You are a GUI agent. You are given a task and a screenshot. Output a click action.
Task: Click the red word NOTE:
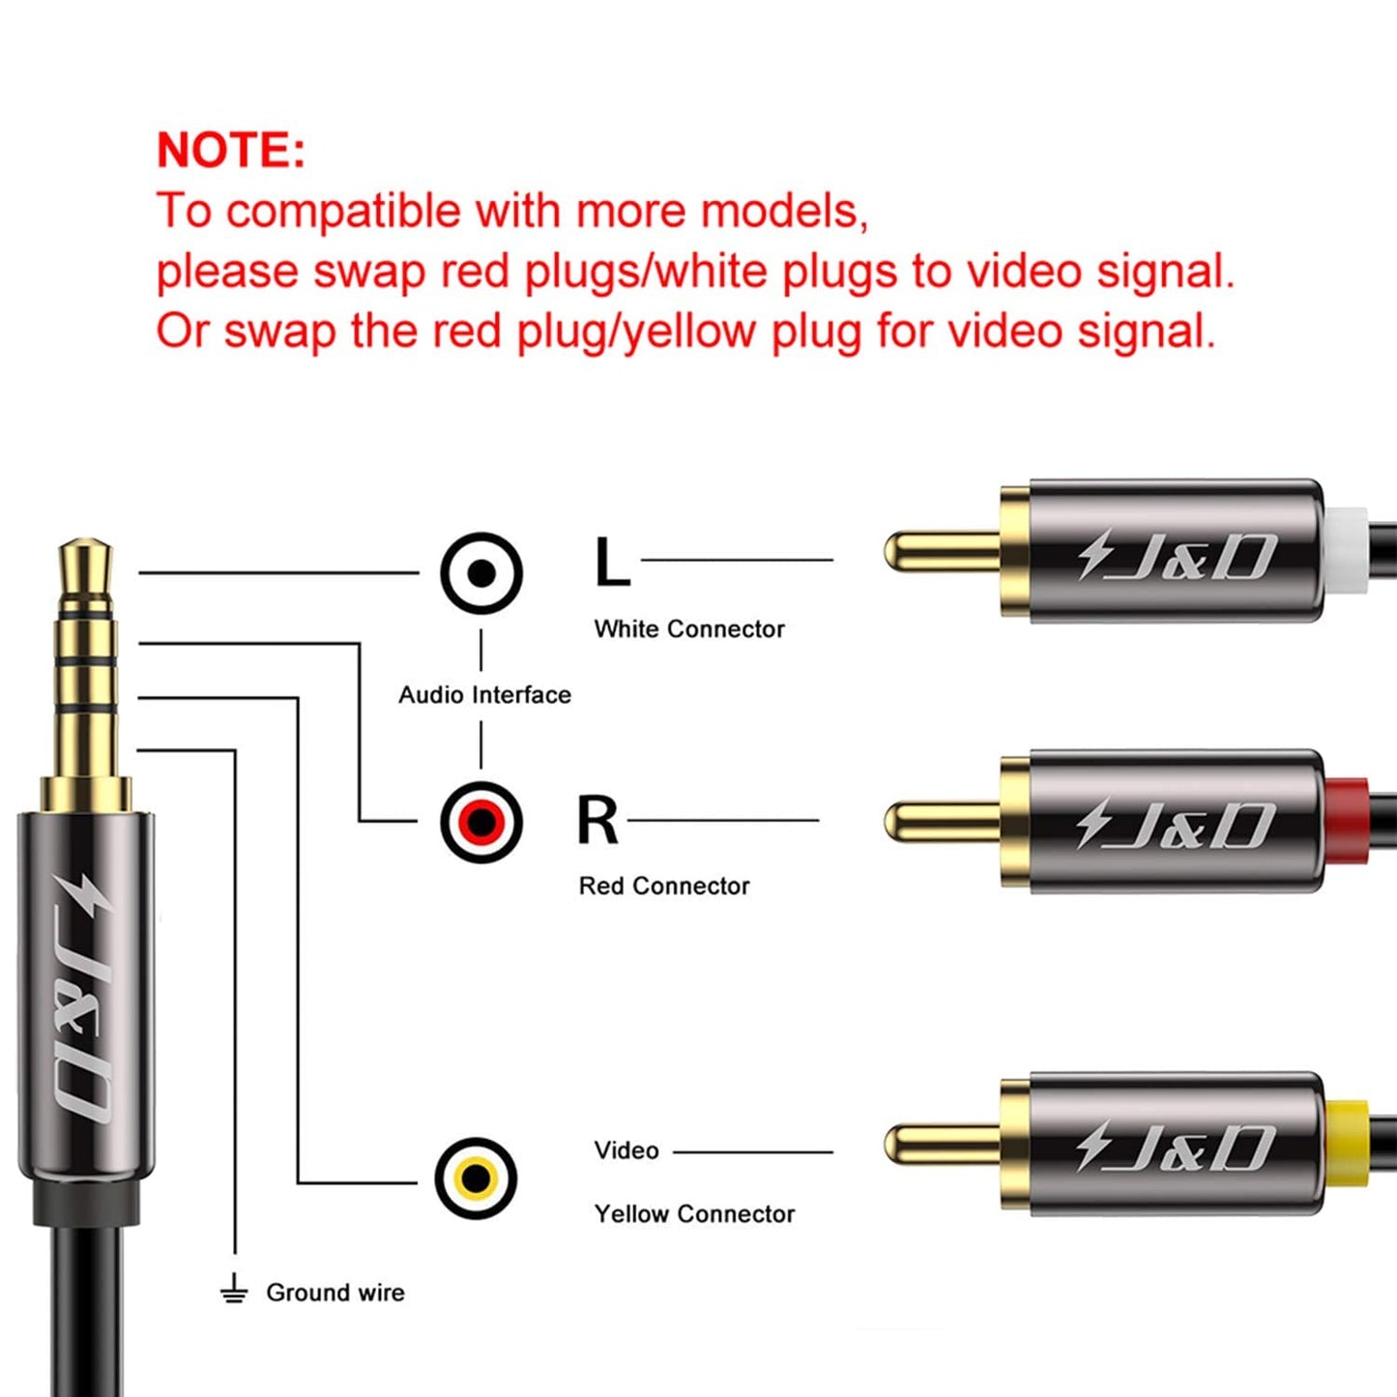[230, 151]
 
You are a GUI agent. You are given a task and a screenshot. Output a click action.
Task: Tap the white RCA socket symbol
[481, 573]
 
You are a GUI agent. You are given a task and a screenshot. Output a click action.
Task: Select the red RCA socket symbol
[481, 823]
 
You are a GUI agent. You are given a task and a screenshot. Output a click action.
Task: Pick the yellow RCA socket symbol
[476, 1179]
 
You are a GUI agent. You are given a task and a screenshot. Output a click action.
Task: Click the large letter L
[611, 563]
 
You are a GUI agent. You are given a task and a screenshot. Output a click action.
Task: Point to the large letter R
[597, 821]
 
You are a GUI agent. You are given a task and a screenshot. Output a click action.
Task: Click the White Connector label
[689, 629]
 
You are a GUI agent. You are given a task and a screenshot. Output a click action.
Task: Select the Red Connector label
[664, 887]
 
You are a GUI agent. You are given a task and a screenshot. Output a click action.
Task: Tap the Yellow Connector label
[694, 1214]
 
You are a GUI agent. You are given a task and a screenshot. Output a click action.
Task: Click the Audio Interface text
[484, 695]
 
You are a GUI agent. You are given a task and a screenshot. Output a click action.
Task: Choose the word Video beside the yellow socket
[626, 1150]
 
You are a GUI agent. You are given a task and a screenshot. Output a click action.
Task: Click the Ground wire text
[335, 1293]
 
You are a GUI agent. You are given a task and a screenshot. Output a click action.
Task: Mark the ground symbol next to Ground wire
[234, 1291]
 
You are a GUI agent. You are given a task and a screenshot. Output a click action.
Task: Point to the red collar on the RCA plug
[1347, 821]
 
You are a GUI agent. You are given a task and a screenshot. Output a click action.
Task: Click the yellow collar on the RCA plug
[1347, 1143]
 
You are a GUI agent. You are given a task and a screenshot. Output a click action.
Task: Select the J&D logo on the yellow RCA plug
[1177, 1147]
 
